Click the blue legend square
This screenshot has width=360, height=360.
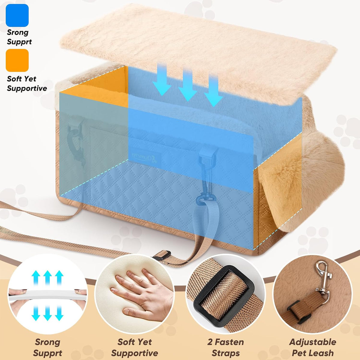17,15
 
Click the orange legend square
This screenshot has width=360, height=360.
17,60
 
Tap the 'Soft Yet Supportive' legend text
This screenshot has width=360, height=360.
27,83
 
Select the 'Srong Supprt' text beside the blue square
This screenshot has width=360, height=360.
19,37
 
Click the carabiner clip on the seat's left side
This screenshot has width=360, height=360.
76,142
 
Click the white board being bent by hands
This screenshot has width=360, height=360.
48,295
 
